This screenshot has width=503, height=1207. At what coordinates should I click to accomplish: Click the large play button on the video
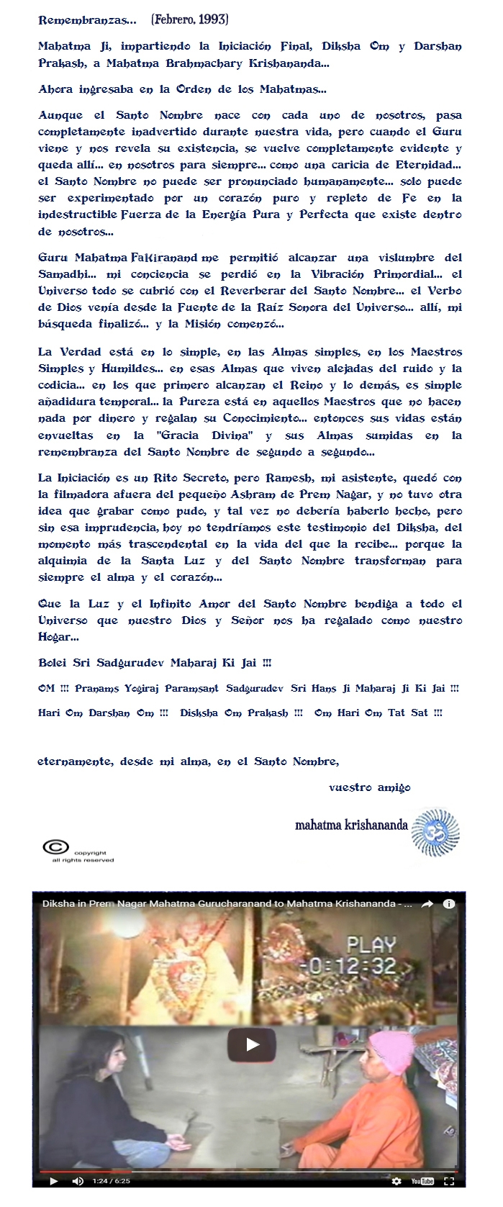click(x=252, y=1044)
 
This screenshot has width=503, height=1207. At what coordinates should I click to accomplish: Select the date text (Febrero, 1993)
click(x=189, y=20)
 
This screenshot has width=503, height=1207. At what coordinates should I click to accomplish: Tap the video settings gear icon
click(x=396, y=1181)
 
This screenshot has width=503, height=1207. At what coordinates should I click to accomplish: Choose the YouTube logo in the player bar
click(x=422, y=1181)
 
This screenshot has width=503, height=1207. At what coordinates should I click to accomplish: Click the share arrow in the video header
click(x=427, y=904)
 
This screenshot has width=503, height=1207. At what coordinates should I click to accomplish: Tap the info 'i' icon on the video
click(x=449, y=904)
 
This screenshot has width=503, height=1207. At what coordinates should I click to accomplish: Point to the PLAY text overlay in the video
click(x=371, y=945)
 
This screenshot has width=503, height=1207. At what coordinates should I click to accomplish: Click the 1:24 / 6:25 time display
click(x=112, y=1181)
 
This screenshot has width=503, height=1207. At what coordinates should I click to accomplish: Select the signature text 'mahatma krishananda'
click(x=351, y=825)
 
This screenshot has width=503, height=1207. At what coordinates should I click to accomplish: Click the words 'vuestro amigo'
click(x=369, y=787)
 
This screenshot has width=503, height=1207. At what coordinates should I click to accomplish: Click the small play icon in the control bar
click(x=53, y=1181)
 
